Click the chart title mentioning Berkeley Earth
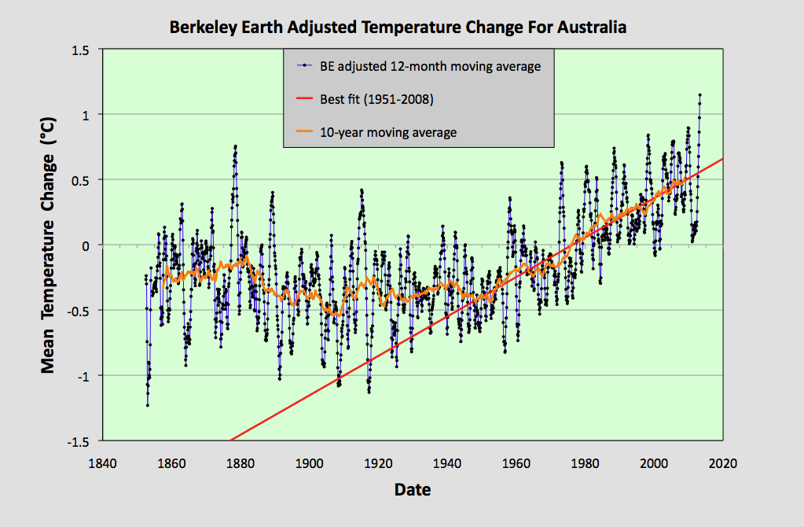pyautogui.click(x=398, y=28)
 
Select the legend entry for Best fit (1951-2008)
pyautogui.click(x=376, y=99)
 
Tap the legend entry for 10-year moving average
pyautogui.click(x=387, y=132)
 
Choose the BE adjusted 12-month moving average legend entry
pyautogui.click(x=430, y=66)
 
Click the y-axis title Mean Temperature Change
pyautogui.click(x=48, y=245)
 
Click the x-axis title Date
pyautogui.click(x=412, y=489)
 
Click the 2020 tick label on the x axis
pyautogui.click(x=721, y=463)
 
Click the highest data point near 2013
pyautogui.click(x=699, y=95)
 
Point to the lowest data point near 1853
pyautogui.click(x=147, y=405)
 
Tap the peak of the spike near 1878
pyautogui.click(x=235, y=146)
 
